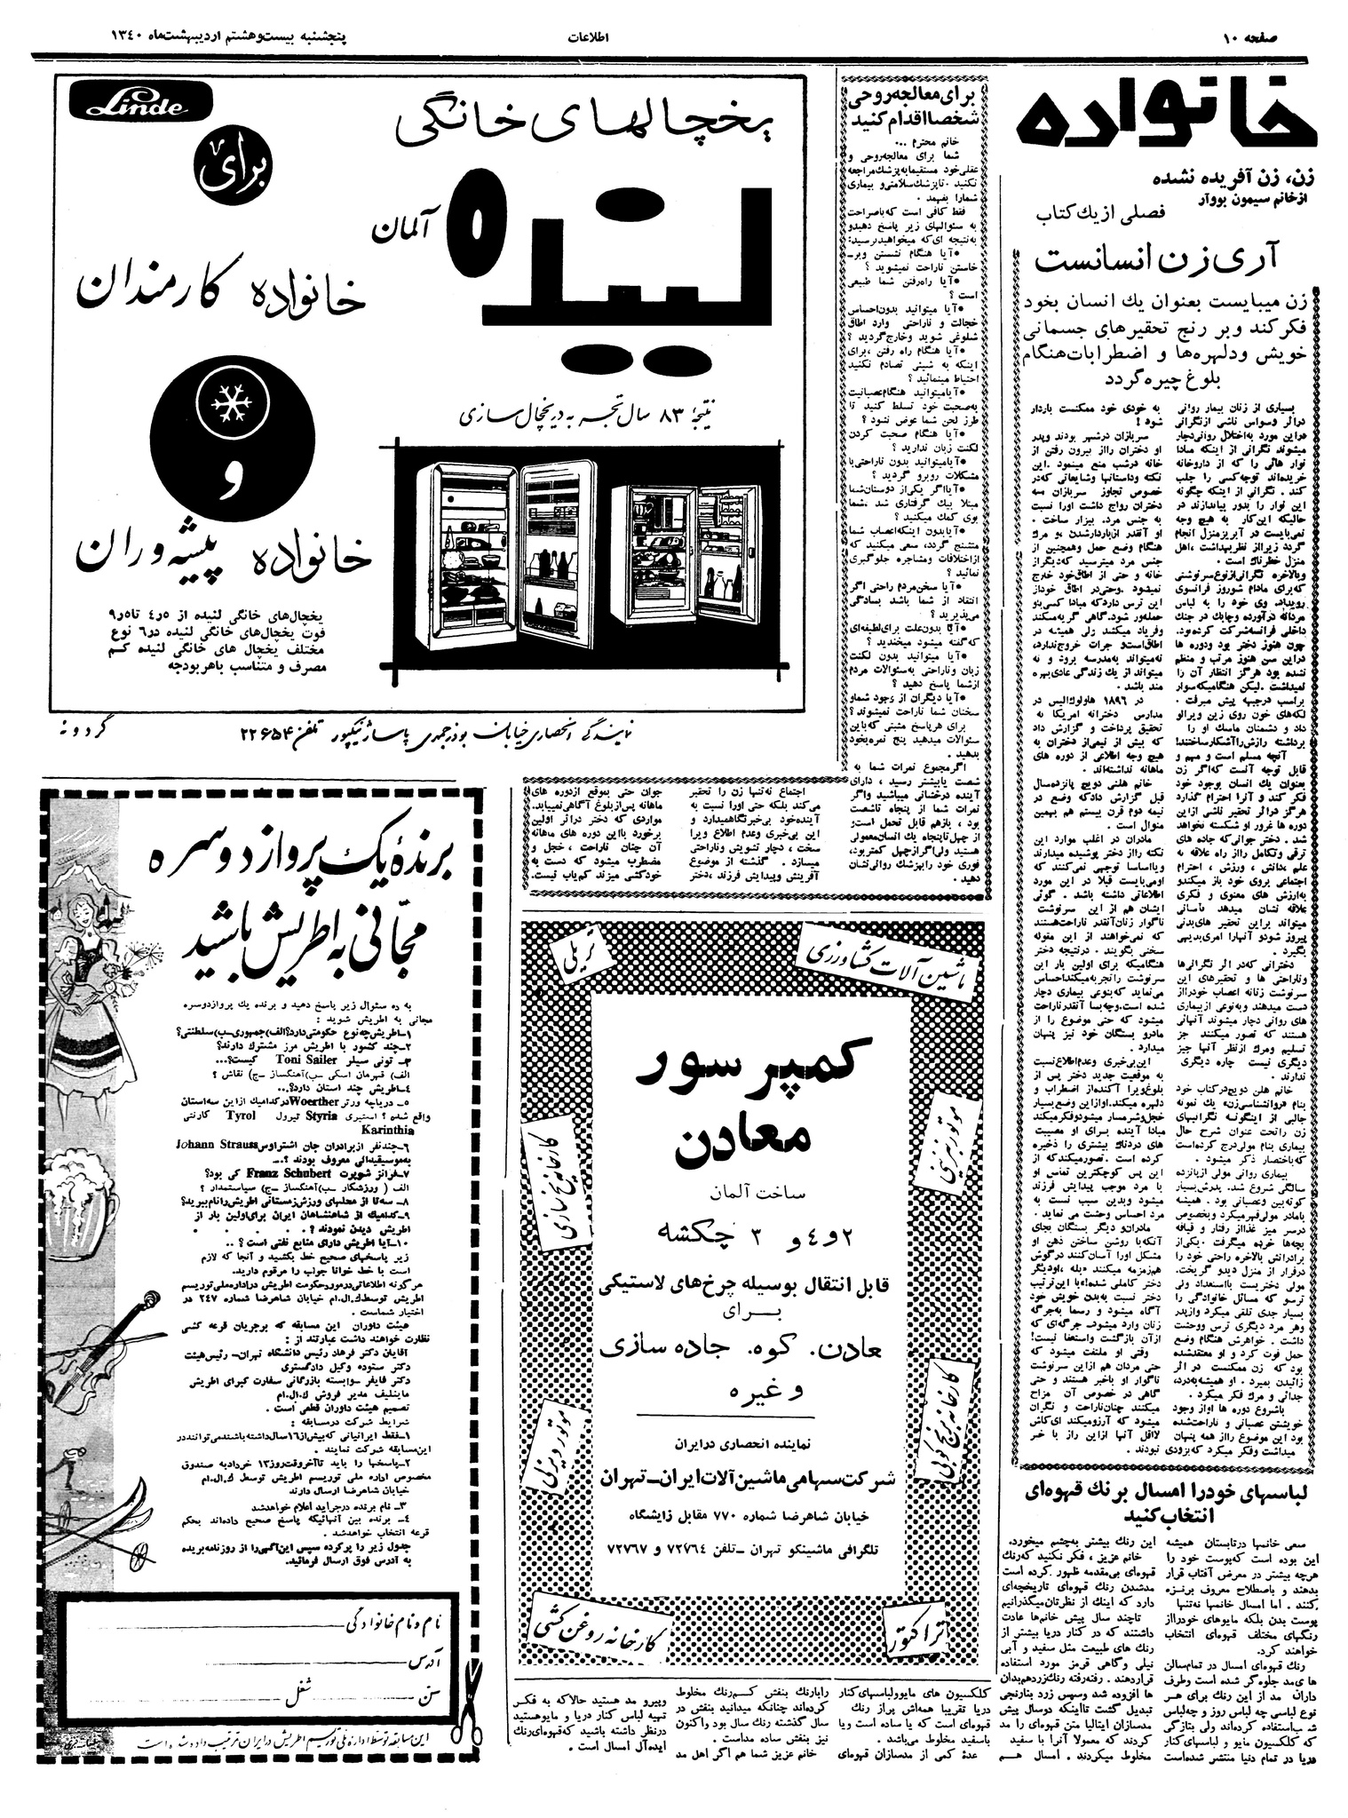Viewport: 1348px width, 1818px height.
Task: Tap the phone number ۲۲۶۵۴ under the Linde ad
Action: click(x=267, y=734)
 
